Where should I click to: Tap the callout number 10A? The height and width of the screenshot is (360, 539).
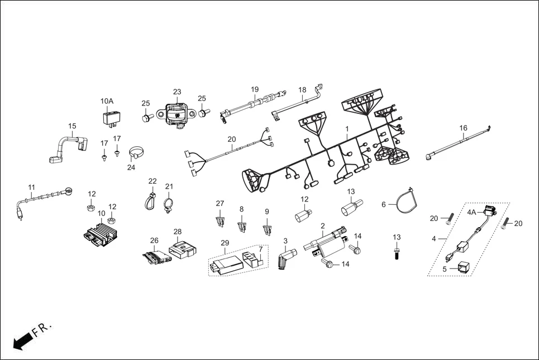[107, 101]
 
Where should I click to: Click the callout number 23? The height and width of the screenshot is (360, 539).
[177, 92]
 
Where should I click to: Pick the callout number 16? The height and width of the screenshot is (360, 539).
[463, 128]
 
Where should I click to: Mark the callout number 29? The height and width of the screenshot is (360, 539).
[225, 243]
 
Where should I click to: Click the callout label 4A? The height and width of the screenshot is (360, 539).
[472, 212]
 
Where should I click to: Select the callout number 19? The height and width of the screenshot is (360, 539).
[255, 89]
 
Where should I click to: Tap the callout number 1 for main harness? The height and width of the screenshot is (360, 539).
[347, 128]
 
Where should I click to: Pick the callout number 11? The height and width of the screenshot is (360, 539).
[32, 187]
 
